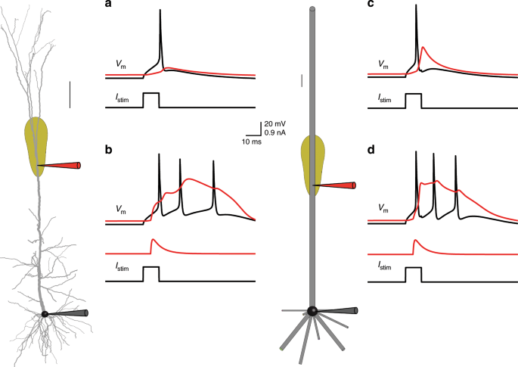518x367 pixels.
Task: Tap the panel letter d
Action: [x=371, y=151]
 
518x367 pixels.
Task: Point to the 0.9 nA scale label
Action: [x=275, y=132]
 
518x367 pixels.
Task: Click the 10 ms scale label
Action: [x=252, y=142]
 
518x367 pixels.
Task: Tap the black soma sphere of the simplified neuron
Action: [x=312, y=310]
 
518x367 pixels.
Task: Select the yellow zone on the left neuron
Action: [x=36, y=144]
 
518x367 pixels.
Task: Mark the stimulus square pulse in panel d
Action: [x=413, y=273]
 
